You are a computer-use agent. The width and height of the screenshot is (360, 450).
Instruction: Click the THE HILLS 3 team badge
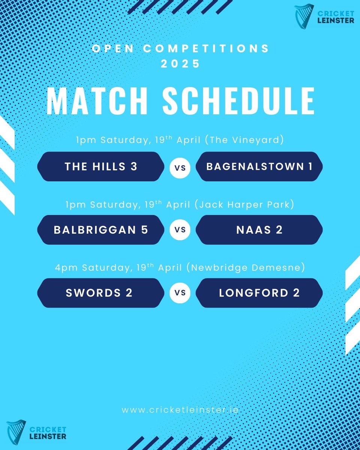100,166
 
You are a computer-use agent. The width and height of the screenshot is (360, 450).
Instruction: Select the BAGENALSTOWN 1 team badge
259,166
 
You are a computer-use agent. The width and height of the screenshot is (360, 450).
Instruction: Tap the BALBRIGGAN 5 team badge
100,229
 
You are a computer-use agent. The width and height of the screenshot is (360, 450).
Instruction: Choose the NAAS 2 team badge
259,229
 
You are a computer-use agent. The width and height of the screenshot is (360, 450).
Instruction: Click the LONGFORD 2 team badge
259,293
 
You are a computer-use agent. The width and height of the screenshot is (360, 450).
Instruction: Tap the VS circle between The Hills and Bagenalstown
180,167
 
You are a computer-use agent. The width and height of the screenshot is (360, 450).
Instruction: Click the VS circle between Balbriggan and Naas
180,230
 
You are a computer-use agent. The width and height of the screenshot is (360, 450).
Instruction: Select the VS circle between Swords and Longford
180,293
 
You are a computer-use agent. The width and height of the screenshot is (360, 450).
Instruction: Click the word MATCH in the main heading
98,101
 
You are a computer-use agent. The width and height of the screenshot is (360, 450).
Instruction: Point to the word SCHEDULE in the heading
238,101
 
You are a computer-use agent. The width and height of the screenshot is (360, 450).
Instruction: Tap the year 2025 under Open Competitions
180,63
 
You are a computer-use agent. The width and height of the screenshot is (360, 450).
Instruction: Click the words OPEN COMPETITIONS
180,49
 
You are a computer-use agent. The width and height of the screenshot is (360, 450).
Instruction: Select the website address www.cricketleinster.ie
180,410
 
